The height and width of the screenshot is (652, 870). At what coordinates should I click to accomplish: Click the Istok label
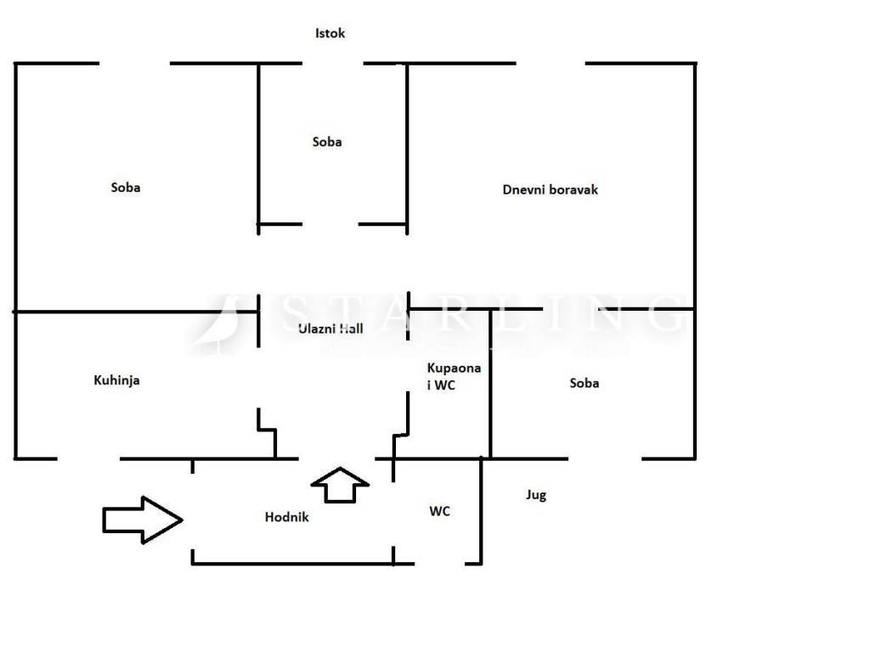pyautogui.click(x=330, y=34)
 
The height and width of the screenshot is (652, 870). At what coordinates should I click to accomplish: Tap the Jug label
pyautogui.click(x=535, y=495)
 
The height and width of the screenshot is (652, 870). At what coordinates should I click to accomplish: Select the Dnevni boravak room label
pyautogui.click(x=550, y=189)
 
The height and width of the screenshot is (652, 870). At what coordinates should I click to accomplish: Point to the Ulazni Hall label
pyautogui.click(x=330, y=329)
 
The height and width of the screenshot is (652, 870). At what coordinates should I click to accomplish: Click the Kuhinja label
pyautogui.click(x=116, y=380)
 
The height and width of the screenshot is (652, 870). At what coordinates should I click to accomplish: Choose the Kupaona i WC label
pyautogui.click(x=454, y=376)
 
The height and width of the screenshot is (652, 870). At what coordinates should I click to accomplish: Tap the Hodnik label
pyautogui.click(x=286, y=517)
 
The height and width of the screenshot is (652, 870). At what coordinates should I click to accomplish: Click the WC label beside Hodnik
pyautogui.click(x=439, y=511)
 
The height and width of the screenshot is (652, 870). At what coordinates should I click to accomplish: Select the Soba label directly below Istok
pyautogui.click(x=327, y=142)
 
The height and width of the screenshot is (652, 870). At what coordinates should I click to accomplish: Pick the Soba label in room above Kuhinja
pyautogui.click(x=126, y=187)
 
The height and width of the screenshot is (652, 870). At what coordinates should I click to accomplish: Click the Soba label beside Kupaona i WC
pyautogui.click(x=584, y=383)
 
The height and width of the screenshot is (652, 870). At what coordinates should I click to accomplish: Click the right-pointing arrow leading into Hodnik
pyautogui.click(x=142, y=520)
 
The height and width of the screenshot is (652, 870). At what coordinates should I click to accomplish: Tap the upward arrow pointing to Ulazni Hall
pyautogui.click(x=340, y=485)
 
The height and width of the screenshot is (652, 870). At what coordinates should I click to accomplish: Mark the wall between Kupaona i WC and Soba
pyautogui.click(x=490, y=382)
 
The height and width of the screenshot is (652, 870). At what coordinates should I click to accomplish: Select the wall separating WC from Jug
pyautogui.click(x=482, y=509)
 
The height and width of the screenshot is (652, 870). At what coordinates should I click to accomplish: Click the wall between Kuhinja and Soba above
pyautogui.click(x=136, y=312)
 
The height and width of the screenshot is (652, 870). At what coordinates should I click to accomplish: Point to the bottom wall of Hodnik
pyautogui.click(x=293, y=563)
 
